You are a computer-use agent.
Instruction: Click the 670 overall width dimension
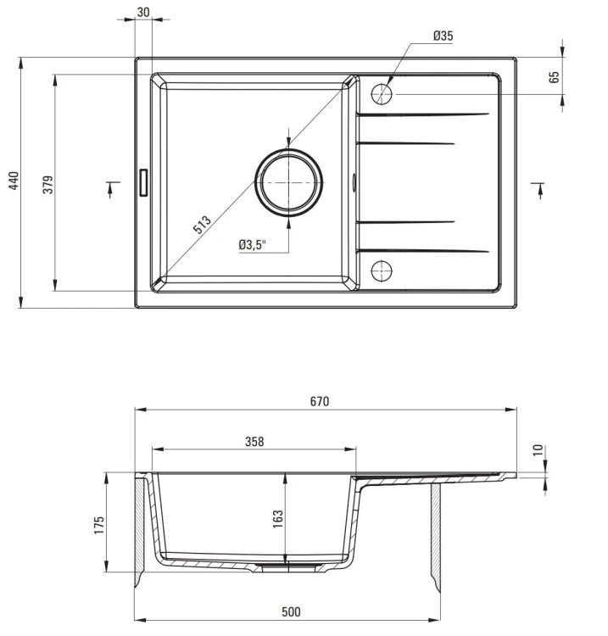[320, 402]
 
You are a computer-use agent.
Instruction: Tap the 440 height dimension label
[14, 181]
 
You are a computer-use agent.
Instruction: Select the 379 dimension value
[47, 185]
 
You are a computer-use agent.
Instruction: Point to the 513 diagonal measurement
[202, 225]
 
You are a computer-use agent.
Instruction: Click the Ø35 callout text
[443, 36]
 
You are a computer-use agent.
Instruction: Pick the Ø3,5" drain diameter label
[253, 245]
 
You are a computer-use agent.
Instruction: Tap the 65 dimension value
[554, 77]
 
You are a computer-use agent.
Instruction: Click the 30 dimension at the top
[143, 13]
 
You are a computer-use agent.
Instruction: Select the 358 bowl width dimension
[254, 441]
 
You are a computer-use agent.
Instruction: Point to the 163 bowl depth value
[278, 519]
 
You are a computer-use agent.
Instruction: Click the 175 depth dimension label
[99, 525]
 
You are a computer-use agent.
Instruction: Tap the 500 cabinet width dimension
[291, 612]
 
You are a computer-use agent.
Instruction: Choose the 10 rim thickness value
[538, 450]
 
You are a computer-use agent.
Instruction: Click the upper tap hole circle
[382, 94]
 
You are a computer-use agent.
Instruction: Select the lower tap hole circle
[382, 271]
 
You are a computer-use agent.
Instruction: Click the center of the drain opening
[288, 182]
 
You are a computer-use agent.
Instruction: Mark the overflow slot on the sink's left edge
[143, 182]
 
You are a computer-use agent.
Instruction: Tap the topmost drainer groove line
[423, 114]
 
